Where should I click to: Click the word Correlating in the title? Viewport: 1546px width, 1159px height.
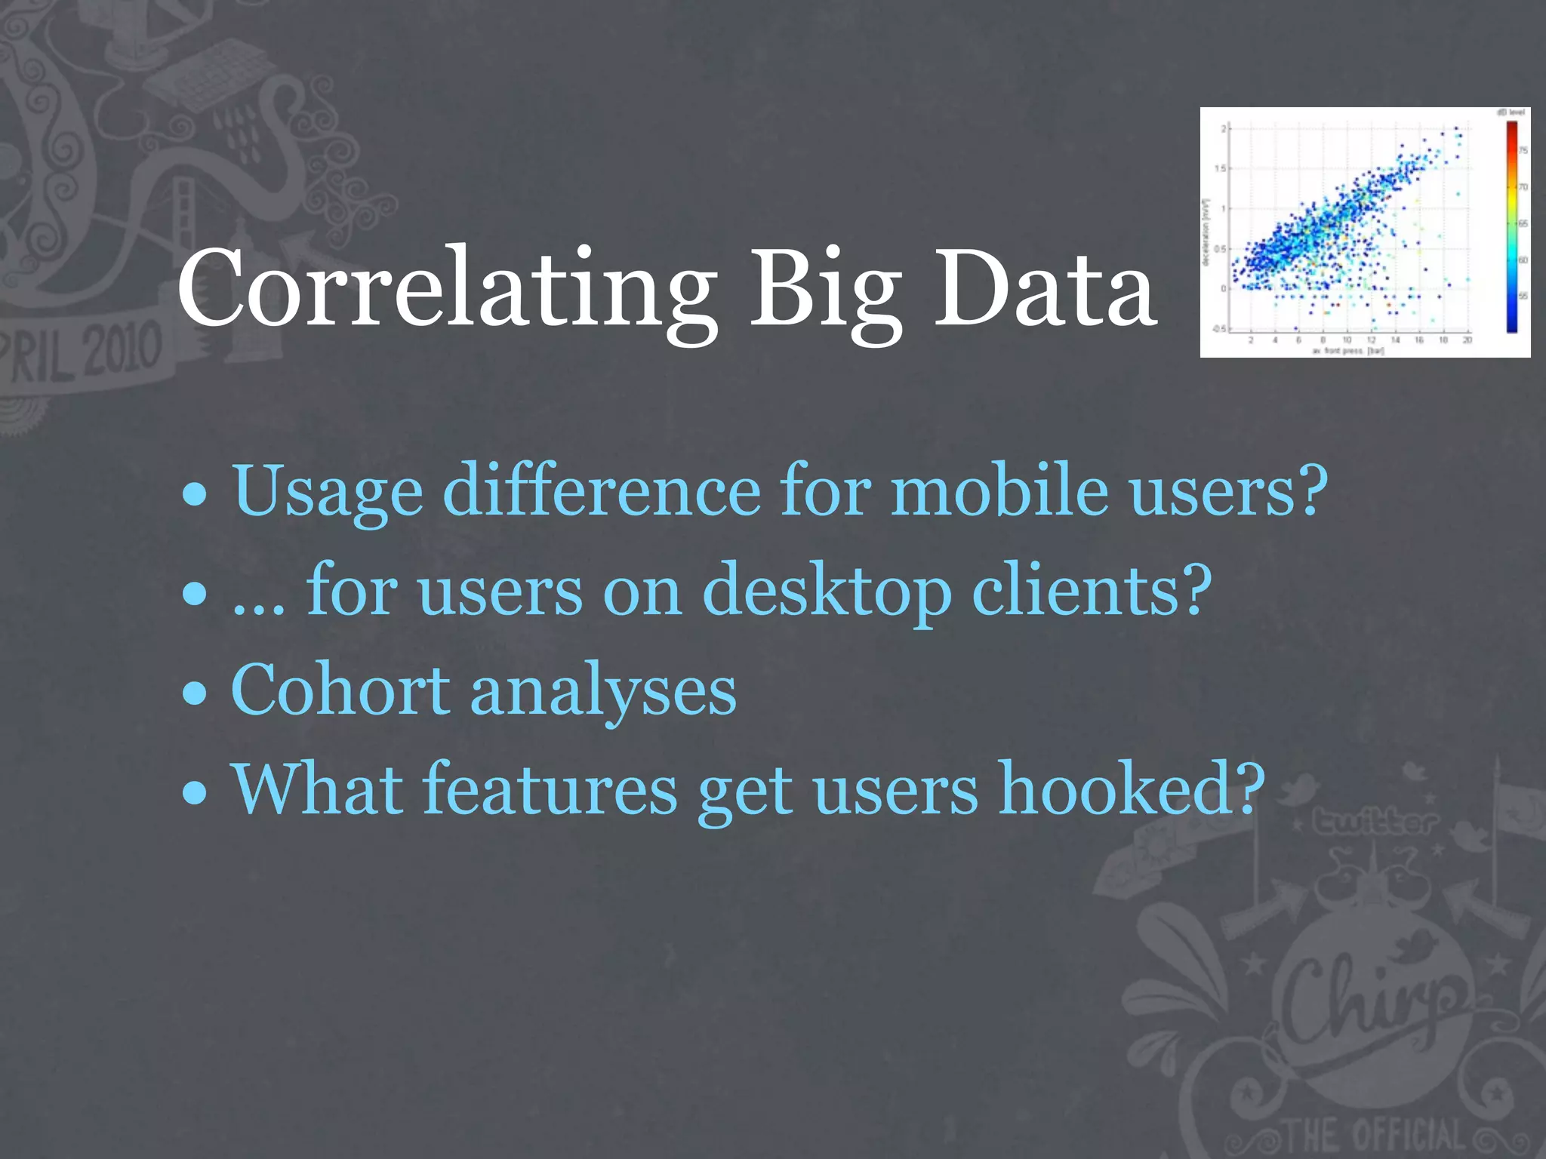click(x=447, y=291)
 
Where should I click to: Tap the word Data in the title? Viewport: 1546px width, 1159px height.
click(x=1045, y=291)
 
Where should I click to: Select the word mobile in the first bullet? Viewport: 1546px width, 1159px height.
click(x=999, y=490)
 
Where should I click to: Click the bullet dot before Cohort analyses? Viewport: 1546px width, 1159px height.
click(x=195, y=693)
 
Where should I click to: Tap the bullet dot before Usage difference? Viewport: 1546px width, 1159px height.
click(x=195, y=494)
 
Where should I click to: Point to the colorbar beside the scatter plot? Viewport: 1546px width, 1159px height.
click(x=1512, y=226)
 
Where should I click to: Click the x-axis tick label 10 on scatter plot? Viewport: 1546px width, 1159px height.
click(x=1347, y=340)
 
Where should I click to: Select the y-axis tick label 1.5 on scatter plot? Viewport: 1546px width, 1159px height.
click(x=1220, y=168)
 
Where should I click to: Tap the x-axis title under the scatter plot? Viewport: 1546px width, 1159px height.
click(x=1348, y=351)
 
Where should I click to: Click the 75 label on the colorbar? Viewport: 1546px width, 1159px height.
click(x=1523, y=150)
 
